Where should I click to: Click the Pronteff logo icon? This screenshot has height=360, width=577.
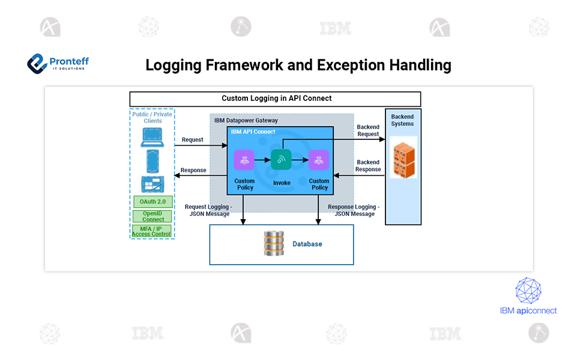coord(38,62)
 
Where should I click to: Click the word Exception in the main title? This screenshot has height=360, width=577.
coord(349,65)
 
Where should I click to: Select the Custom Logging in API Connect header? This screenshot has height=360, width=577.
coord(276,98)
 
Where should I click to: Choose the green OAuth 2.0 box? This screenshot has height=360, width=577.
coord(153,202)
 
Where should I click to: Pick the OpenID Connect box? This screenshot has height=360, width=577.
coord(153,216)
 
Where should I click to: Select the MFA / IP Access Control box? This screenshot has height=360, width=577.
coord(153,231)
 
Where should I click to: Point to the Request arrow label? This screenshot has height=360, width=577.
coord(192,140)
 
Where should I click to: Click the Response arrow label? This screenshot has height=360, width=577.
coord(193,170)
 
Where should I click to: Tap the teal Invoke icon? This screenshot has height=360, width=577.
coord(281,160)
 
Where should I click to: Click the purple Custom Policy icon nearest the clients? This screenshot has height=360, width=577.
coord(244,160)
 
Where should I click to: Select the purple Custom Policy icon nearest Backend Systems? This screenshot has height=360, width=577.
coord(319,160)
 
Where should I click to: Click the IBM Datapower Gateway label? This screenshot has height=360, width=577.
coord(246,121)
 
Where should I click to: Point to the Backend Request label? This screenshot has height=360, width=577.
coord(368,131)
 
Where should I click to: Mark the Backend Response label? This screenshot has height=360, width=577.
coord(368,166)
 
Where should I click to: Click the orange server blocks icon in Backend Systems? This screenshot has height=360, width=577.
coord(403,157)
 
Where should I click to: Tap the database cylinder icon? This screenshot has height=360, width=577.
coord(273,244)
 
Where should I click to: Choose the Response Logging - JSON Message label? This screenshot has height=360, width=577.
coord(354,211)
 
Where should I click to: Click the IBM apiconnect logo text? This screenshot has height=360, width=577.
coord(528,311)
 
